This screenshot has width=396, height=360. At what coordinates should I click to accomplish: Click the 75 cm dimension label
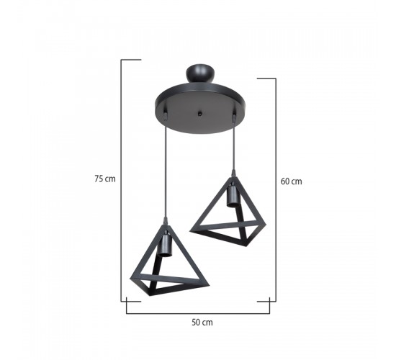coord(105,179)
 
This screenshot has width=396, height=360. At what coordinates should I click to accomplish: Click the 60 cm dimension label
coord(291,181)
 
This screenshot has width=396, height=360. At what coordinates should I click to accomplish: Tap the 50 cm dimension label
coord(202,323)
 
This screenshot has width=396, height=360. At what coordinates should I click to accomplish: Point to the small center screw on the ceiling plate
coord(200,114)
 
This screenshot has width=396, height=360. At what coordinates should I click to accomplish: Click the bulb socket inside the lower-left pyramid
coord(164,245)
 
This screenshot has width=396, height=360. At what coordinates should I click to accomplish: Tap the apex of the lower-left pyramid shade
coord(166,225)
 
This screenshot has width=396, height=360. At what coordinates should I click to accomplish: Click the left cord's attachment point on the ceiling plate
coord(166,115)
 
